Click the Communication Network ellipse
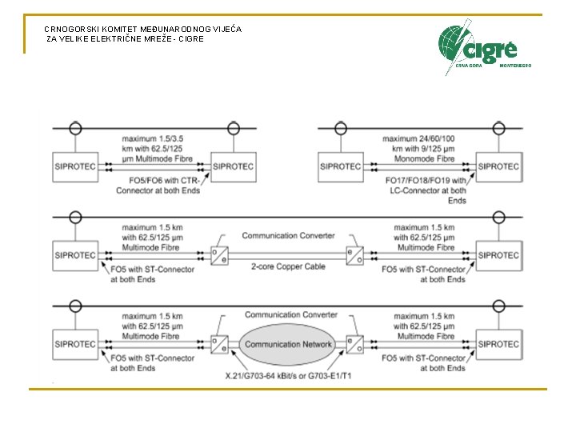[288, 344]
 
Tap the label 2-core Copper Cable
[288, 266]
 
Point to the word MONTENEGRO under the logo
[515, 66]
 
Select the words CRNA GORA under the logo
[468, 66]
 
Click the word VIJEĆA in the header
[225, 29]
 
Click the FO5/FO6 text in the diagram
[145, 180]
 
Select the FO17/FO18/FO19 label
[422, 181]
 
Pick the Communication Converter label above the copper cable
[288, 236]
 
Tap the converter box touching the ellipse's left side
[219, 344]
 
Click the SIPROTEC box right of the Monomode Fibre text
[499, 166]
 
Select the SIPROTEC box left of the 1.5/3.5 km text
[74, 166]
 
